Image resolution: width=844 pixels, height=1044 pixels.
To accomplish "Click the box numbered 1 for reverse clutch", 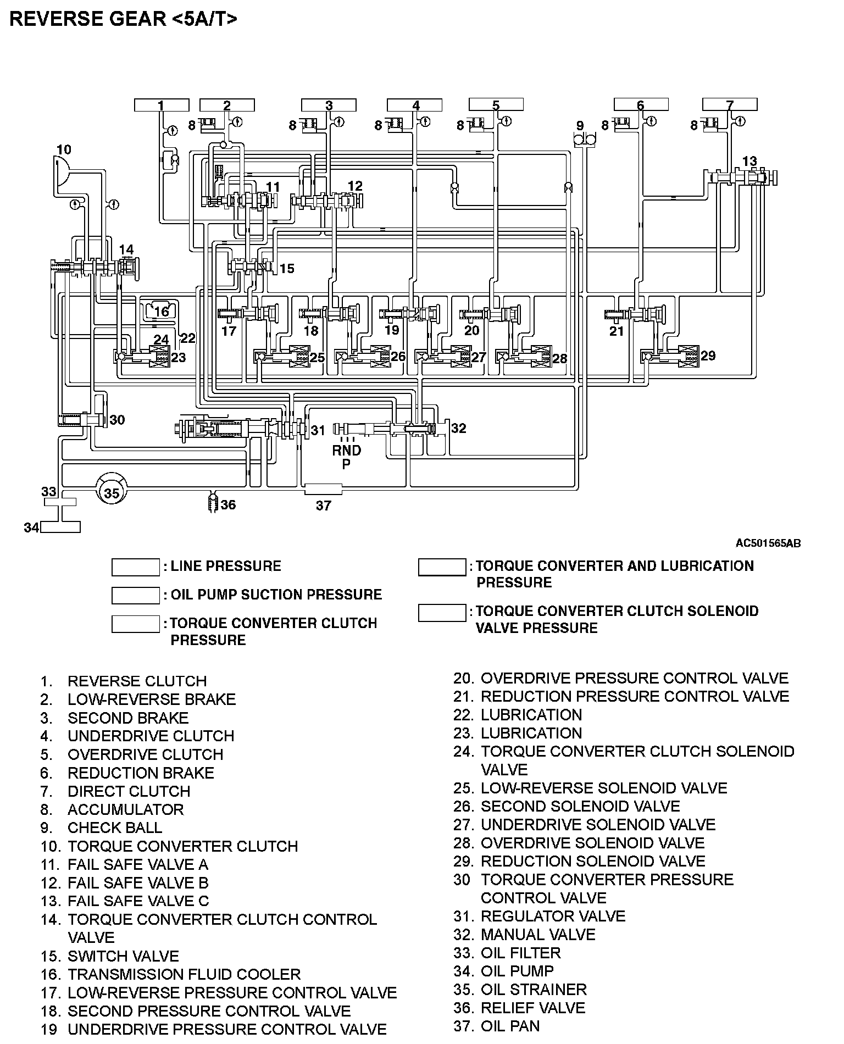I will coord(162,105).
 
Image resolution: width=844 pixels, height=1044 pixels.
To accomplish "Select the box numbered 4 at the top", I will coord(415,105).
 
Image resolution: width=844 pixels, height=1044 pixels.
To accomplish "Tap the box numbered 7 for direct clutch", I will coord(730,104).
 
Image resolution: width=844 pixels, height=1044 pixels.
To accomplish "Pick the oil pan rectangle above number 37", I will coord(323,489).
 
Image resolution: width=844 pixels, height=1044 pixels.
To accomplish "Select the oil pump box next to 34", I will coord(60,526).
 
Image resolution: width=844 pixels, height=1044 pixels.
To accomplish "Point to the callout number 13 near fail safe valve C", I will coord(749,161).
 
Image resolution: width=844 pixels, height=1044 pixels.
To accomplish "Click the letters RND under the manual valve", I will coord(346,451).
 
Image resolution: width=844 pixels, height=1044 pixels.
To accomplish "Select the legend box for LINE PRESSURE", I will coord(135,567).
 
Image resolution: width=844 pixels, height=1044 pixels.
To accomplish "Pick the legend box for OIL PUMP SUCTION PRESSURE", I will coord(135,595).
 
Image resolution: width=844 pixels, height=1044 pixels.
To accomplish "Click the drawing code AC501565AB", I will coord(768,543).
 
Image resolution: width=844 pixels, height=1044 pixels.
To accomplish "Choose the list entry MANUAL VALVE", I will coord(537,934).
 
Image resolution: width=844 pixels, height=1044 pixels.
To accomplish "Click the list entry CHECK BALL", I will coord(114,828).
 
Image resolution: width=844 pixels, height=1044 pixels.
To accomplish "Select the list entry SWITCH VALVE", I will coord(123,956).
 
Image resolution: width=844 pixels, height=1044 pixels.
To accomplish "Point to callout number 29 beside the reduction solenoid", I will coord(708,356).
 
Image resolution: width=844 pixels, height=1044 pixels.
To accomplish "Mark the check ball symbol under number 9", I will coord(585,141).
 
